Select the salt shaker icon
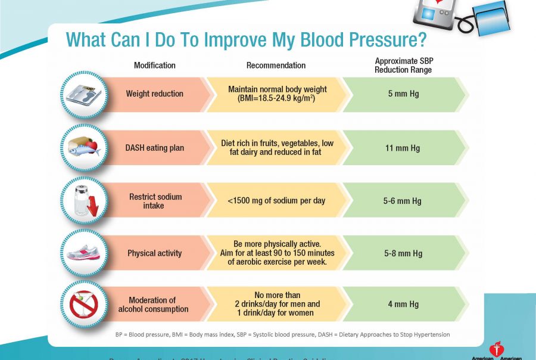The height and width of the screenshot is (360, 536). [84, 201]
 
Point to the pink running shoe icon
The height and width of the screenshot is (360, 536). [84, 253]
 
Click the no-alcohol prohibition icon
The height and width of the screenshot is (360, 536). [84, 304]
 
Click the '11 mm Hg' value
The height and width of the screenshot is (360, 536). [403, 148]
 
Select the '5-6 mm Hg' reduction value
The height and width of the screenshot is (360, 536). [402, 201]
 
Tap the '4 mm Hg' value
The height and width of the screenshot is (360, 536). [403, 304]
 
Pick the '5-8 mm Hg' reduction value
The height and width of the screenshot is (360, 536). [402, 253]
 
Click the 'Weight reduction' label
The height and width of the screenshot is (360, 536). [154, 94]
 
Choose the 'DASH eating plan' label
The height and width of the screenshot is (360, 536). [154, 148]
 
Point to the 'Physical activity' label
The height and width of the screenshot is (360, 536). [154, 253]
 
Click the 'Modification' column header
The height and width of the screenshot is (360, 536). [154, 65]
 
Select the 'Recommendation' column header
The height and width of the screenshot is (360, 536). [276, 65]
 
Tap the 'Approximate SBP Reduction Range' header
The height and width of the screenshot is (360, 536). [403, 66]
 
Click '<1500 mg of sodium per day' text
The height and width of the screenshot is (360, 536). [276, 201]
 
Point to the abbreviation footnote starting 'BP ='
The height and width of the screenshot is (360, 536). [282, 334]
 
